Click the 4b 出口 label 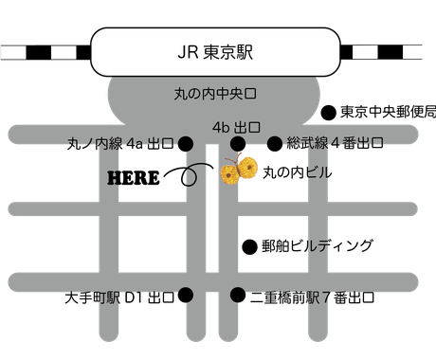coord(236,126)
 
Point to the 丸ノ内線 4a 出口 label coord(122,144)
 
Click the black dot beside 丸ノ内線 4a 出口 coord(187,144)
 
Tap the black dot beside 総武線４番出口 coord(275,144)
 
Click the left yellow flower coord(229,174)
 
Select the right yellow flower coord(248,168)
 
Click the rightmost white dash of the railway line coord(413,51)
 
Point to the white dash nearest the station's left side coord(64,51)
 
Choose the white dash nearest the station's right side coord(365,51)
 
